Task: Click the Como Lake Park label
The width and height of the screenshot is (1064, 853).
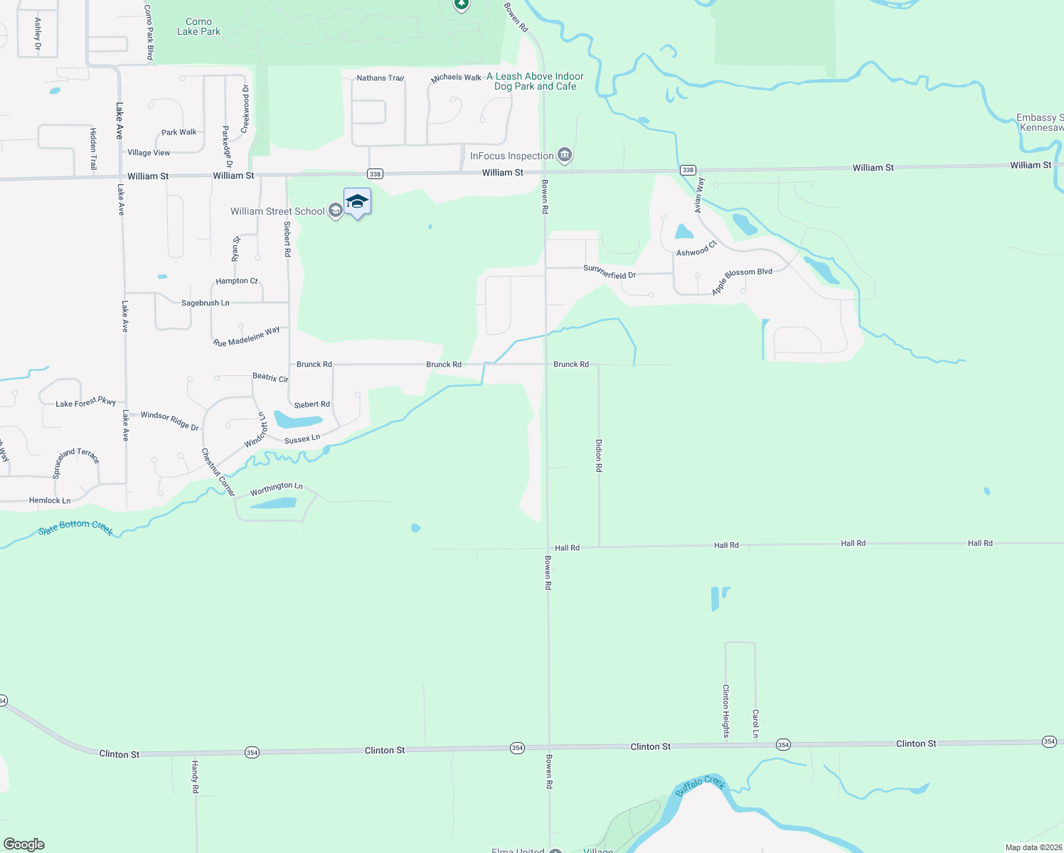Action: tap(198, 27)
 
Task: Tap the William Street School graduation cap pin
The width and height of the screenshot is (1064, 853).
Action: tap(357, 202)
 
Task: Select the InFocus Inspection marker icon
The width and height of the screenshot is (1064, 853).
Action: tap(565, 154)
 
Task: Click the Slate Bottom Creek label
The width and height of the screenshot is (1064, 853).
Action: tap(76, 527)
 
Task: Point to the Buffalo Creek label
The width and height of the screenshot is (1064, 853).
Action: tap(700, 785)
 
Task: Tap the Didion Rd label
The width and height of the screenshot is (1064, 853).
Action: tap(599, 456)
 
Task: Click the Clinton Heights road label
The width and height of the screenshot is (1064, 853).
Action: tap(726, 711)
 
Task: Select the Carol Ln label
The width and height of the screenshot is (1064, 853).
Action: tap(755, 723)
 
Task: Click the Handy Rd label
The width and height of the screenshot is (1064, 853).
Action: tap(195, 776)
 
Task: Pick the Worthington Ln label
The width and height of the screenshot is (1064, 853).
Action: tap(277, 488)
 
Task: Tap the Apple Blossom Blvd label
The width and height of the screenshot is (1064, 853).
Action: tap(742, 281)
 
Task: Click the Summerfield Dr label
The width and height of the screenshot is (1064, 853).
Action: tap(610, 272)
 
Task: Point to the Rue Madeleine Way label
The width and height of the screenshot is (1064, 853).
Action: tap(247, 337)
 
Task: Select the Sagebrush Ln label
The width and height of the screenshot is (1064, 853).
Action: tap(206, 304)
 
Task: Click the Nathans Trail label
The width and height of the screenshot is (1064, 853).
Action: tap(381, 78)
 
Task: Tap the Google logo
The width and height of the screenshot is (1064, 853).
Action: tap(24, 844)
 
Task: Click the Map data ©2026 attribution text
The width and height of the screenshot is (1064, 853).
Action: tap(1033, 847)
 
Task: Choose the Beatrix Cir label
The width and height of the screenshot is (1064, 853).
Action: tap(270, 377)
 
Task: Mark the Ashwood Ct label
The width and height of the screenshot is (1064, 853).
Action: tap(696, 249)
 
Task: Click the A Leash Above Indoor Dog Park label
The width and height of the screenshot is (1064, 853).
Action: tap(535, 81)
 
